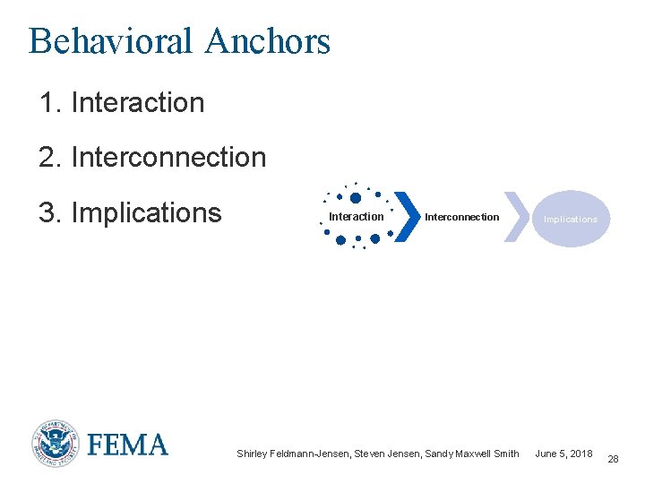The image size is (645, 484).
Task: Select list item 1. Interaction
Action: (x=122, y=103)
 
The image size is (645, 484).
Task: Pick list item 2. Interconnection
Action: (x=152, y=158)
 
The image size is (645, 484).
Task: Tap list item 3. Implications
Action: (x=130, y=213)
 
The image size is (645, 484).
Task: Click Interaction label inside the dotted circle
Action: (x=356, y=217)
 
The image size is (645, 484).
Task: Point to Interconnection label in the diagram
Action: (x=461, y=217)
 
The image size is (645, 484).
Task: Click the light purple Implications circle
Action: (x=571, y=219)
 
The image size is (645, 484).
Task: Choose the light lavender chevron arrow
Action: (x=515, y=217)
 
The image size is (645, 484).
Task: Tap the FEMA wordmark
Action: (x=127, y=445)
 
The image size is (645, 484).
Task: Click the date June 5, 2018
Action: (x=563, y=454)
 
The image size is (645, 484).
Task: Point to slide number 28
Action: (x=613, y=459)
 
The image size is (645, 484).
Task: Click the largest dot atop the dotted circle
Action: (x=356, y=198)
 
